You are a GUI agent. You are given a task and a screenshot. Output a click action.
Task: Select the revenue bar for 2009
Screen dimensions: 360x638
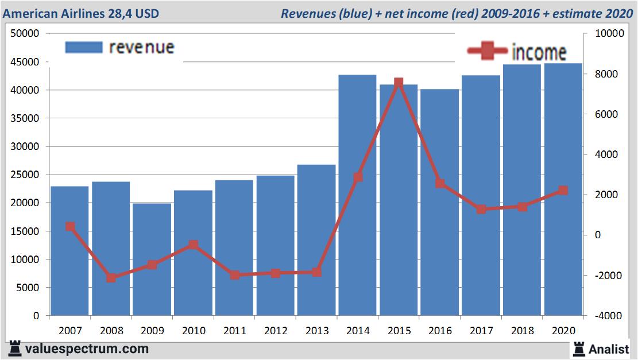(x=152, y=259)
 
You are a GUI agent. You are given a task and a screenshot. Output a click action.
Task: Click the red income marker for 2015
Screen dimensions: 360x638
(x=399, y=83)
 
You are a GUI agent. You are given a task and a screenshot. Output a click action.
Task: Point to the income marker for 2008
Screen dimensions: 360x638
(x=111, y=278)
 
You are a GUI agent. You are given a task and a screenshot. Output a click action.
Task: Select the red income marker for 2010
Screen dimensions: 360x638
(x=194, y=245)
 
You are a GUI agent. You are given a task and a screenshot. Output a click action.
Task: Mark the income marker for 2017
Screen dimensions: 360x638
(x=481, y=210)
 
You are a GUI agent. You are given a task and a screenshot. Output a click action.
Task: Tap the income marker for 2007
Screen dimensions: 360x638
(x=70, y=227)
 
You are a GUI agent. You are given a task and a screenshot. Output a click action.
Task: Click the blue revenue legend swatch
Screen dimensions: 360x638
(x=83, y=47)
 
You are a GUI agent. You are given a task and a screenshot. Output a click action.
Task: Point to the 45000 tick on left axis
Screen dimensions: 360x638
(x=25, y=62)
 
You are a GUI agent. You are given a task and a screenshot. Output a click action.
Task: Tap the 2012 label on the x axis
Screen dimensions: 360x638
(x=276, y=331)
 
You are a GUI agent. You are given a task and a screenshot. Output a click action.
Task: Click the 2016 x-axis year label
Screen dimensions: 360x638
(x=440, y=331)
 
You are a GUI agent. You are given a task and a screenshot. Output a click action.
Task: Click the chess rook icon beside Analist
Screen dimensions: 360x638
(x=579, y=349)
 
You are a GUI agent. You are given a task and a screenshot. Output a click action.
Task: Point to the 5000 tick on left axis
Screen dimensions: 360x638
(x=27, y=288)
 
